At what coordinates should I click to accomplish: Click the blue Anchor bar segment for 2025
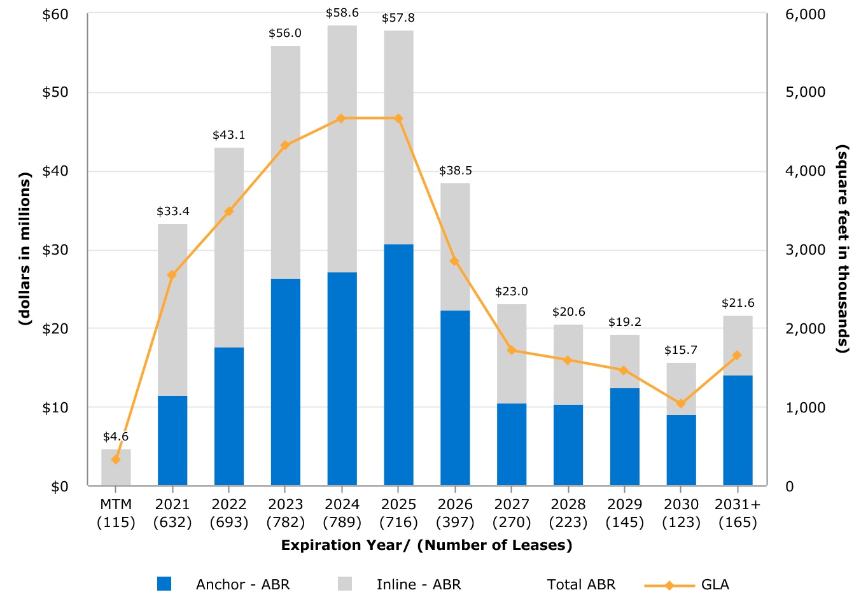coord(398,365)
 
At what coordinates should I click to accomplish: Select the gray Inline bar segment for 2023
coord(285,162)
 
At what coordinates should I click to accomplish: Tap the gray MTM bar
coord(116,468)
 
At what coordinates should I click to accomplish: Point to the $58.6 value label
coord(342,13)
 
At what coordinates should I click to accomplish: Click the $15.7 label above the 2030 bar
coord(681,350)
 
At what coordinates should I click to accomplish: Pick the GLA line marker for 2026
coord(454,261)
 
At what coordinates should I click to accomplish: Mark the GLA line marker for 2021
coord(172,275)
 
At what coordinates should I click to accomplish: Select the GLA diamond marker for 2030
coord(681,404)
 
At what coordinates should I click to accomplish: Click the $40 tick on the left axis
coord(55,171)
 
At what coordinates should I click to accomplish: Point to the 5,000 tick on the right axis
coord(805,92)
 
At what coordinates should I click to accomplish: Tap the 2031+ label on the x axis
coord(738,505)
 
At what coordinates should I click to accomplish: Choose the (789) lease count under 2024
coord(342,523)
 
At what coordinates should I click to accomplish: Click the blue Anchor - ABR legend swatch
coord(164,584)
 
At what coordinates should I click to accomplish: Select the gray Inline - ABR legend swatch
coord(345,584)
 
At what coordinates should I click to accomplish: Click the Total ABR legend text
coord(581,585)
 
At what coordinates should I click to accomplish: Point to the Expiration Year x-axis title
coord(426,545)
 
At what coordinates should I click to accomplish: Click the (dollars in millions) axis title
coord(25,248)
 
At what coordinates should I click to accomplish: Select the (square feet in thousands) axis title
coord(843,248)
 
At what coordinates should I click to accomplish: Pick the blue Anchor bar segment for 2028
coord(568,445)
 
